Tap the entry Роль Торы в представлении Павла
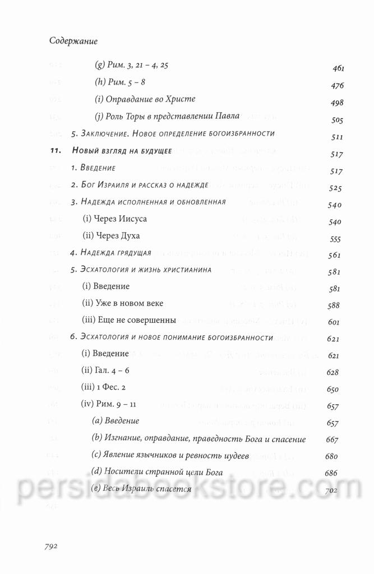click(167, 116)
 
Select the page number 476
click(338, 86)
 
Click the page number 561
click(335, 255)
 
